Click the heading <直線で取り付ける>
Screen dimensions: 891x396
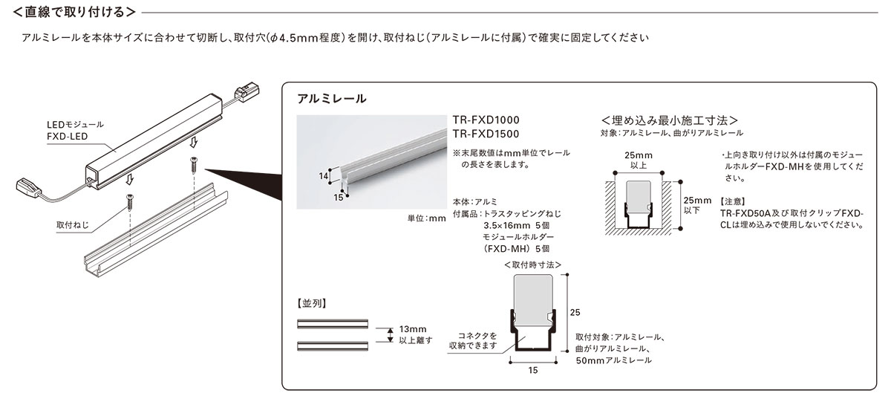coord(74,13)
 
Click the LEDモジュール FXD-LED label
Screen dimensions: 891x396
coord(75,131)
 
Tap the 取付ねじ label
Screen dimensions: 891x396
coord(73,225)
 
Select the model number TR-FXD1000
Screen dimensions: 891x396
coord(486,120)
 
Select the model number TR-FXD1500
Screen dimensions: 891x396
coord(486,134)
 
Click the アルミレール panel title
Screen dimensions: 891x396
coord(331,99)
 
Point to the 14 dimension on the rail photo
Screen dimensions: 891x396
coord(324,176)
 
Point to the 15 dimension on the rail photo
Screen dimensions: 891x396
coord(338,198)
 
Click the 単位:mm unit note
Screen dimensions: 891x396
coord(426,218)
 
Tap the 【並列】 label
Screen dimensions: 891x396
coord(311,304)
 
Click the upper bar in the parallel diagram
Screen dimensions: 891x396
coord(333,324)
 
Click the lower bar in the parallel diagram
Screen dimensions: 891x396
coord(333,346)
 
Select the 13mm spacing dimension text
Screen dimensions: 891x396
coord(413,329)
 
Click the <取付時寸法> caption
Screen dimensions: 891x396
coord(532,265)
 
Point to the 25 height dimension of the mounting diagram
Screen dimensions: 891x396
coord(575,313)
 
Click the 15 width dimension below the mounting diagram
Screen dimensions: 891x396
coord(533,371)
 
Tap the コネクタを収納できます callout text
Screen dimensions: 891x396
coord(474,341)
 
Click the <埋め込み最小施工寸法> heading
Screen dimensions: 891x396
coord(670,120)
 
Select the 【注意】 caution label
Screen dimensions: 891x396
coord(733,202)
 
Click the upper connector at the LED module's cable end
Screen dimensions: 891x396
coord(247,92)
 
